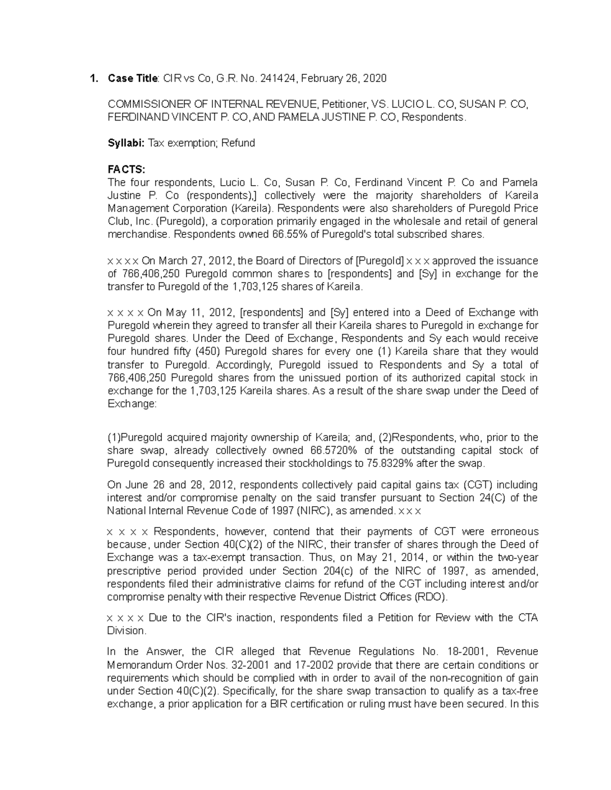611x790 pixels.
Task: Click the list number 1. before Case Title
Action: click(93, 78)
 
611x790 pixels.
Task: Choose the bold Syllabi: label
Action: click(126, 143)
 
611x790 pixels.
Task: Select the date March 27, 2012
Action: click(188, 261)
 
